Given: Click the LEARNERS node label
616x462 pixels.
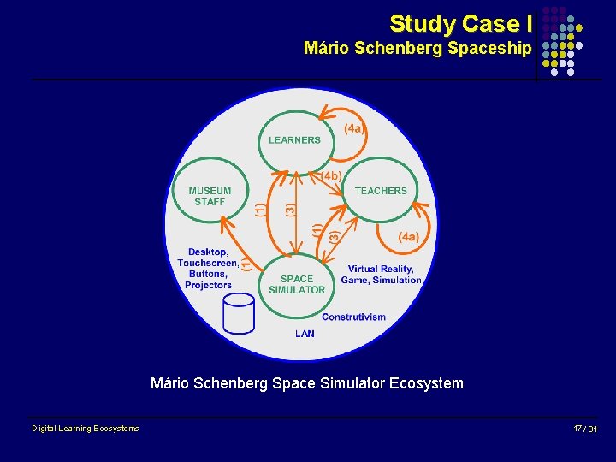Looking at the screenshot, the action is click(x=294, y=140).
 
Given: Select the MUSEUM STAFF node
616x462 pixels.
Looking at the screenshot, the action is click(x=210, y=196).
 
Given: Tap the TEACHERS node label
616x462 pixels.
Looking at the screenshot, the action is click(x=381, y=191).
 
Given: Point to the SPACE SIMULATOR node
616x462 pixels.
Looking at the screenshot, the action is click(x=297, y=284).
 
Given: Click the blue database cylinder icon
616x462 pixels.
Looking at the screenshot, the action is click(x=239, y=314).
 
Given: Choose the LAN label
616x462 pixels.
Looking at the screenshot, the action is click(x=305, y=334).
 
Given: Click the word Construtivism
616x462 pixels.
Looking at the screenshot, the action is click(x=353, y=317).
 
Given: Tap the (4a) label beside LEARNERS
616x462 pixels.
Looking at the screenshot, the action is click(x=354, y=129).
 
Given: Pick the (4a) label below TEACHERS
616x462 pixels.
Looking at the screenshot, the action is click(x=408, y=237).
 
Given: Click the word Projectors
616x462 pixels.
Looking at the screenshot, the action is click(x=208, y=285).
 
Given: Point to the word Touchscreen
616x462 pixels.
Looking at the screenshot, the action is click(x=207, y=263).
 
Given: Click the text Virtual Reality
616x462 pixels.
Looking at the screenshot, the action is click(x=381, y=269).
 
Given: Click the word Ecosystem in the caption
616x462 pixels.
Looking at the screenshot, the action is click(x=425, y=383).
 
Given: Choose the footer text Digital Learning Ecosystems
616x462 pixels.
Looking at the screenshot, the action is click(x=86, y=429).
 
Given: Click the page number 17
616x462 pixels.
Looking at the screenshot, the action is click(x=579, y=428).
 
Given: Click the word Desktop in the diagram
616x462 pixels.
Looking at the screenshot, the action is click(x=207, y=252).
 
